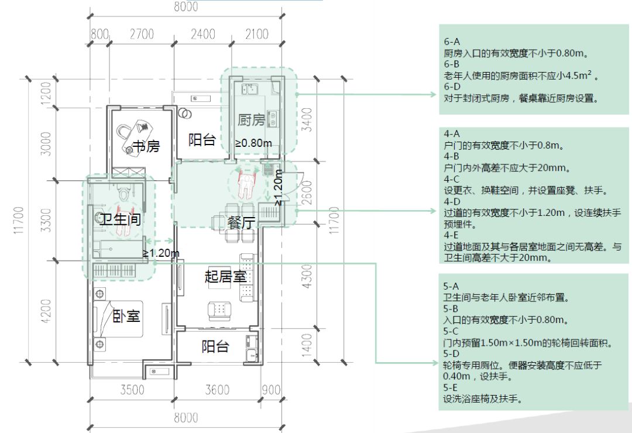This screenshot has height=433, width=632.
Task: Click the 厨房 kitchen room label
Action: (252, 120)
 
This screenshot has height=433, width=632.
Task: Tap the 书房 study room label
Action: (146, 146)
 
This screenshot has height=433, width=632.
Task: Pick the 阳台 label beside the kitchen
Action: (202, 140)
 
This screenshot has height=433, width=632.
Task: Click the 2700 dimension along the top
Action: (142, 34)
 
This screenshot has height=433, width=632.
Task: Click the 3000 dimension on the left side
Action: (46, 143)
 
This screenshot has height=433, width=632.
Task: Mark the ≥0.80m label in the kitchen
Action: (253, 143)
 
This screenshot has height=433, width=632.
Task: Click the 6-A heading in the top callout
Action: (452, 42)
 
